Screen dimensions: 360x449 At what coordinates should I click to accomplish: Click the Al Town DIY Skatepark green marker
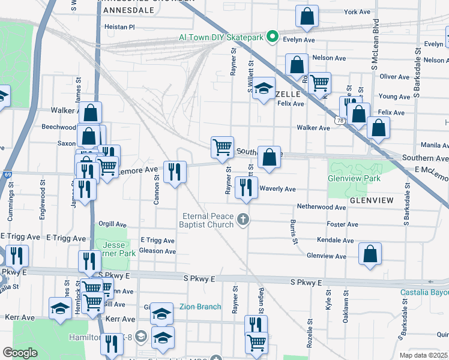pyautogui.click(x=272, y=37)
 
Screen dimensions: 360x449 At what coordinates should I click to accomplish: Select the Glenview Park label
pyautogui.click(x=354, y=179)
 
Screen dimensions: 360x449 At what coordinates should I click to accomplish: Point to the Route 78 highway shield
pyautogui.click(x=340, y=121)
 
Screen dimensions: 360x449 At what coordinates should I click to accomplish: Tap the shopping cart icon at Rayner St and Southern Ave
pyautogui.click(x=222, y=146)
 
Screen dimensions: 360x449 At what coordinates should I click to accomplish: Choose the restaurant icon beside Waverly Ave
pyautogui.click(x=246, y=187)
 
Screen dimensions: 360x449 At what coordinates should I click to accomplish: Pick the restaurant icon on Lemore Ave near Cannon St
pyautogui.click(x=175, y=172)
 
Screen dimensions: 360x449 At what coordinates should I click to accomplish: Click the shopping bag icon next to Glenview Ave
pyautogui.click(x=370, y=253)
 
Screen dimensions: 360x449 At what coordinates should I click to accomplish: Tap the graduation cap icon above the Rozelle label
pyautogui.click(x=263, y=89)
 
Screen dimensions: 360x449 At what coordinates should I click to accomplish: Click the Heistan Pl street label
pyautogui.click(x=119, y=27)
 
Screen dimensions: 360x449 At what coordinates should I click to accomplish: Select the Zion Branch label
pyautogui.click(x=200, y=307)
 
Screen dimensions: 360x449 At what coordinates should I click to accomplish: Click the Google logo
pyautogui.click(x=20, y=353)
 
